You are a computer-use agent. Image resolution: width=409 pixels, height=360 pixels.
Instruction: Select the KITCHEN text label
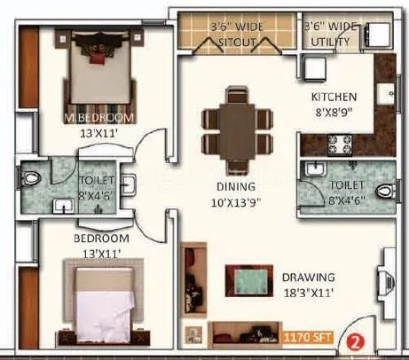[333, 97]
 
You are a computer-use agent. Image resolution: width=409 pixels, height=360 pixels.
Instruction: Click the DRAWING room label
[308, 277]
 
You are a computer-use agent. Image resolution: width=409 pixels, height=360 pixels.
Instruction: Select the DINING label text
[235, 187]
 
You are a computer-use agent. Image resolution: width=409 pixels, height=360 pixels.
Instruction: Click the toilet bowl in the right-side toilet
[384, 190]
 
